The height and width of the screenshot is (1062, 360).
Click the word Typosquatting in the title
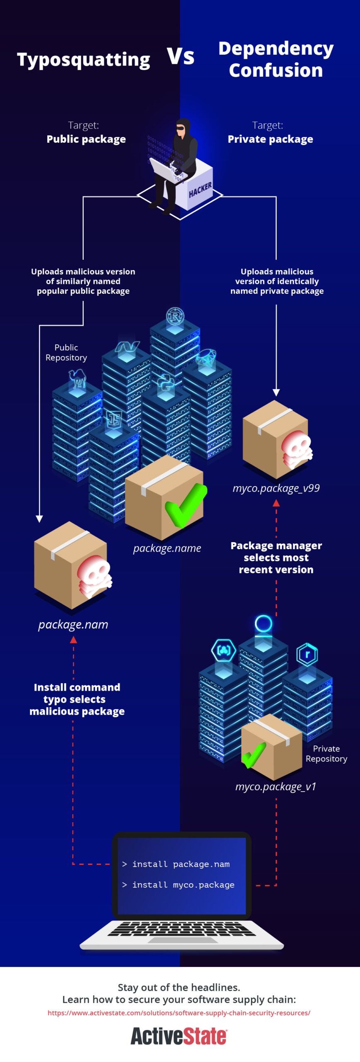pos(83,60)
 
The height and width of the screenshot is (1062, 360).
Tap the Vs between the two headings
pos(180,56)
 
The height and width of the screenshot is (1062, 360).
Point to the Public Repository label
pos(66,353)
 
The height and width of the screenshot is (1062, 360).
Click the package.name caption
pos(167,548)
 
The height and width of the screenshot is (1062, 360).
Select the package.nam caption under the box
pos(73,625)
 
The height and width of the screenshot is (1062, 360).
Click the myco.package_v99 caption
pos(276,488)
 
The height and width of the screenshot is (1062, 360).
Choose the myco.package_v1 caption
pos(276,787)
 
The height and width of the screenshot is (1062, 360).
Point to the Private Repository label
pos(326,754)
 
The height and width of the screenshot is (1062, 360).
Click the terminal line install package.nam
pos(176,864)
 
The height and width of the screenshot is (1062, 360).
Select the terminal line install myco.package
pos(178,885)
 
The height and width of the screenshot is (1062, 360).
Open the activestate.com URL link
pos(179,1013)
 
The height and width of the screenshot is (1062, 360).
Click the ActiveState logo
pos(179,1036)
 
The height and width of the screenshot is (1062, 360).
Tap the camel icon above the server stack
pos(77,379)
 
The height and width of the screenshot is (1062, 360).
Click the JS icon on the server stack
pos(114,419)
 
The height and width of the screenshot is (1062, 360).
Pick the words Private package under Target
pos(270,139)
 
